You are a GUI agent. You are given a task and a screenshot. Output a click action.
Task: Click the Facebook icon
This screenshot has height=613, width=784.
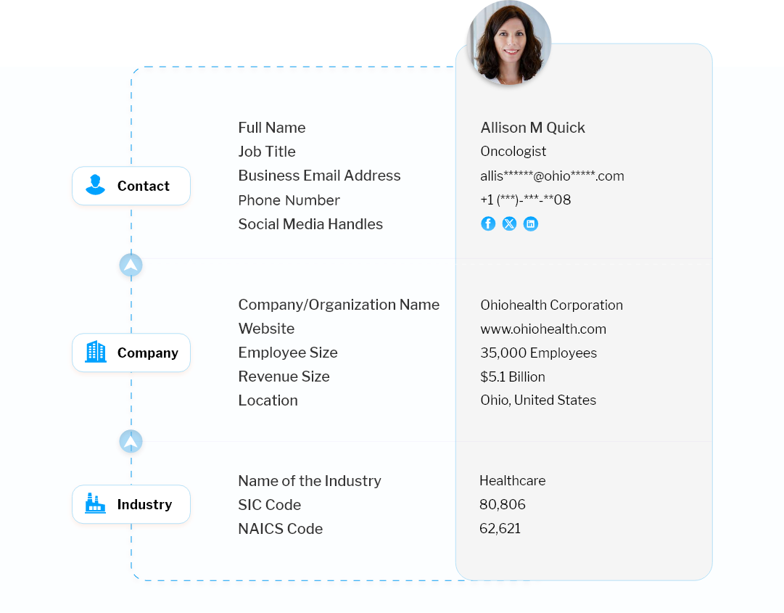coord(488,223)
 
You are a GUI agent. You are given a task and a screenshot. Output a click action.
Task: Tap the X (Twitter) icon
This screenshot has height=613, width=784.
coord(509,223)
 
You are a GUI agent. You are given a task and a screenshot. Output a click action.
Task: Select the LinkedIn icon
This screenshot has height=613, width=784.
coord(530,223)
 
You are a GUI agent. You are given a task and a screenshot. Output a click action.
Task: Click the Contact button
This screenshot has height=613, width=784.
coord(131,186)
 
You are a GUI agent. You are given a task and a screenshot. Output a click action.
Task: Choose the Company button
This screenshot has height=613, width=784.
coord(131,353)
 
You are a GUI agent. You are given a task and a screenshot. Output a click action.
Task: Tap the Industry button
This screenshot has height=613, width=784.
coord(131,504)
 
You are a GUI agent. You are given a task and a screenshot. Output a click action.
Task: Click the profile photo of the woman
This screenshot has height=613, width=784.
coord(509,43)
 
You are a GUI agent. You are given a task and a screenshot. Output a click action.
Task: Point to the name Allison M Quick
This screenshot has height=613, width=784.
coord(532,128)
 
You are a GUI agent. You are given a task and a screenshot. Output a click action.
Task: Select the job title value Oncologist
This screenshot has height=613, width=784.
coord(513,152)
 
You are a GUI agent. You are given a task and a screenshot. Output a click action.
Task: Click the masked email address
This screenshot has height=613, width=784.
coord(552,176)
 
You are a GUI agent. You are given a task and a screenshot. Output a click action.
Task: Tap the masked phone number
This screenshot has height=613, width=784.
coord(526,200)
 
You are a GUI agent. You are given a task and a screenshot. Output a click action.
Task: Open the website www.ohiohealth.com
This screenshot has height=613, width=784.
coord(543,329)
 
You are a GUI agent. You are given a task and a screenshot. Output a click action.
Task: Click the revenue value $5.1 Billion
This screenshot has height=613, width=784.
coord(513,377)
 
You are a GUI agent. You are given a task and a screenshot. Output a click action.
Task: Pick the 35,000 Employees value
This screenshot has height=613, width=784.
coord(538,353)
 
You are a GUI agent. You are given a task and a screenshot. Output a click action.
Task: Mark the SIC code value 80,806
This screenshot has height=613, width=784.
coord(502,504)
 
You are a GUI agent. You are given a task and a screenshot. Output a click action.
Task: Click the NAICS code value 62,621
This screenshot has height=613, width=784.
coord(500,529)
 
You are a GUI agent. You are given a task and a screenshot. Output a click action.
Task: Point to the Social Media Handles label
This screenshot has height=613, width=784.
coord(310,224)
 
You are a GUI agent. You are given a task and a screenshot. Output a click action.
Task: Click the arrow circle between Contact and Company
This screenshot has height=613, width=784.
coord(131,265)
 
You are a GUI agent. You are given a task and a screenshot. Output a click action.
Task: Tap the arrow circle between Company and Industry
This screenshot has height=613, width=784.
coord(131,442)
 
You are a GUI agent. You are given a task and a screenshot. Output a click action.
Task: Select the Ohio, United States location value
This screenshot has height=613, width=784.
coord(538,400)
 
